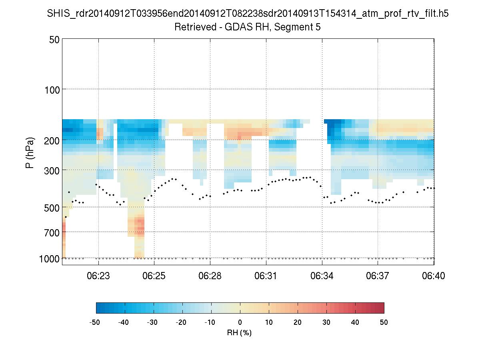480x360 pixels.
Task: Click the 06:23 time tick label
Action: coord(98,276)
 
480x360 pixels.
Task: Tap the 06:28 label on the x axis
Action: coord(210,276)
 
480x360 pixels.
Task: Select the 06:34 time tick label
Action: coord(322,276)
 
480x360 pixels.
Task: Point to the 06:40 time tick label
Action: coord(434,276)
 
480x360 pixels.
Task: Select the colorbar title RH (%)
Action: coord(239,333)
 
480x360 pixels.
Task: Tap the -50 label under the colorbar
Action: coord(95,322)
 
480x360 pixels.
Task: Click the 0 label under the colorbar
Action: coord(240,322)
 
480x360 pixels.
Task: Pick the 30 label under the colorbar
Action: coord(326,322)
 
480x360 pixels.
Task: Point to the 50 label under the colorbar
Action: coord(384,322)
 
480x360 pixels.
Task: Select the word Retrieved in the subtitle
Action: coord(191,27)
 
